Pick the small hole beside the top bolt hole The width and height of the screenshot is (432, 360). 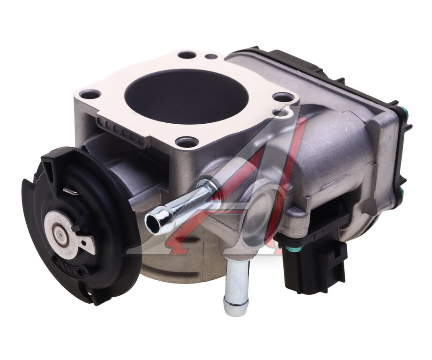tap(211, 57)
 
